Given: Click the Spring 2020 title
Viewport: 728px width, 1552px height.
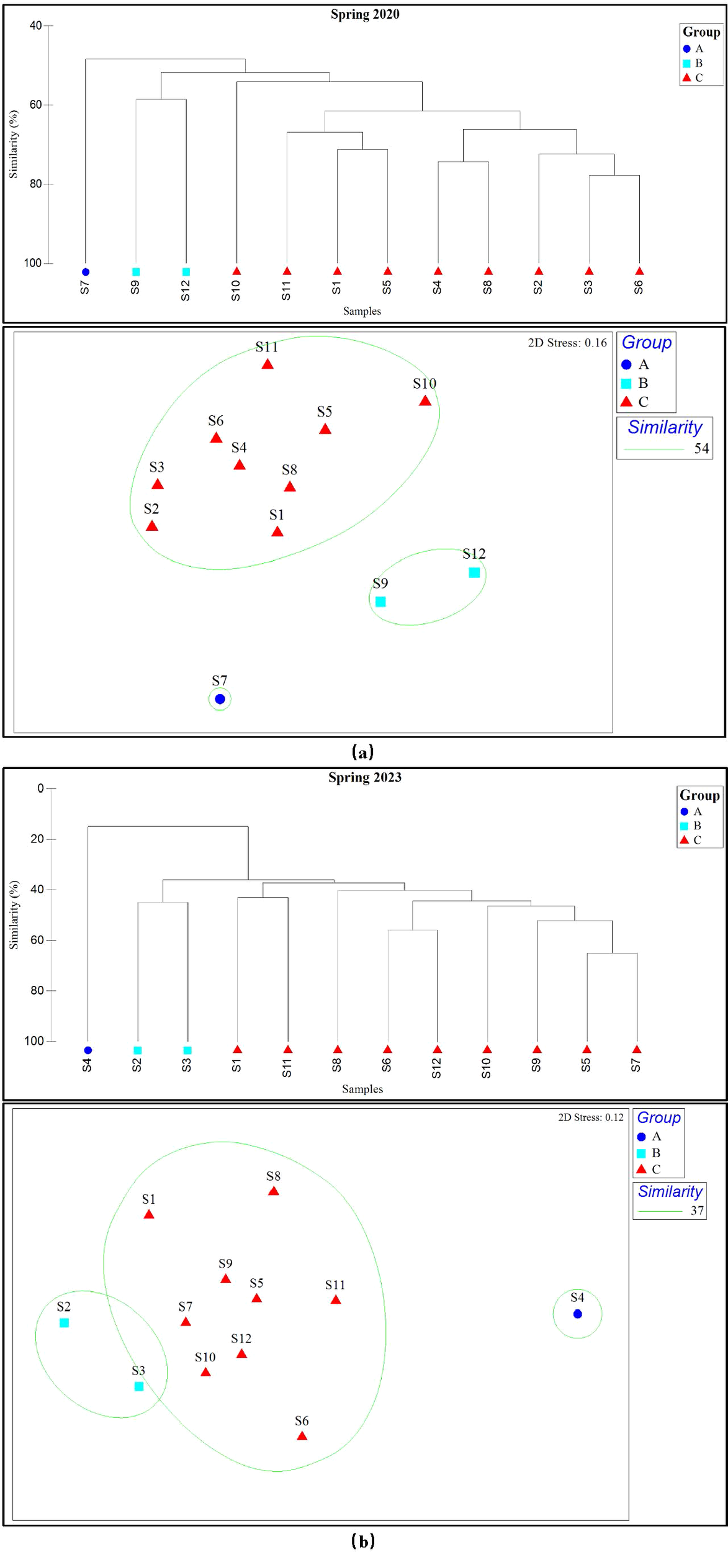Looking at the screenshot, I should coord(364,14).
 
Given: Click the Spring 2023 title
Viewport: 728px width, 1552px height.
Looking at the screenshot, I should coord(364,777).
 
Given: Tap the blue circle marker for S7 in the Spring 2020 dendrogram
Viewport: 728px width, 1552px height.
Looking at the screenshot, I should coord(86,272).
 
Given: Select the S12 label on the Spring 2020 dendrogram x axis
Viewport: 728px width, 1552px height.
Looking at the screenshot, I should coord(185,291).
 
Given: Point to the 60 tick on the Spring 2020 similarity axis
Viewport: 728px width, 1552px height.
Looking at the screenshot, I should coord(36,105).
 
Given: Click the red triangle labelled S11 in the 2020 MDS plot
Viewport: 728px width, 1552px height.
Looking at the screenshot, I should coord(267,364).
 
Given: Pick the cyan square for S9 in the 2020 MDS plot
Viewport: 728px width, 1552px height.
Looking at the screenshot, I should coord(380,602).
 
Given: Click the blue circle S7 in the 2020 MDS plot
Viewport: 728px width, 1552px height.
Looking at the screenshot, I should coord(220,699).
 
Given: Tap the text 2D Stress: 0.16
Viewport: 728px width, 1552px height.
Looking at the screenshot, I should coord(567,343).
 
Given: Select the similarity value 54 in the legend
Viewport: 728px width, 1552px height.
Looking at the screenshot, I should coord(701,448).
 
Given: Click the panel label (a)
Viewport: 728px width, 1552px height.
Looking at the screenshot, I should coord(362,752).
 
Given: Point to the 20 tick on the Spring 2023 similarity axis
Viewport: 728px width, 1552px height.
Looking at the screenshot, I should coord(37,839).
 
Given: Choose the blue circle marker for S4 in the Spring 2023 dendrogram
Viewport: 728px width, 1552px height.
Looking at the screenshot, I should coord(88,1050).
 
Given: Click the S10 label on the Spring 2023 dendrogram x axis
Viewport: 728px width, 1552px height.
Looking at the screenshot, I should coord(486,1067).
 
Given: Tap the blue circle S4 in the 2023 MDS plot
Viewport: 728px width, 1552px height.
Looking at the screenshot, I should coord(577,1314).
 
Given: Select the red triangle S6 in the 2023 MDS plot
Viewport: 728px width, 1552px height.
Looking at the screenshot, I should coord(302,1436).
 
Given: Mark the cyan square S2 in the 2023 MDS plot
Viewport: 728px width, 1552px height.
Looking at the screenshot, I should coord(64,1323).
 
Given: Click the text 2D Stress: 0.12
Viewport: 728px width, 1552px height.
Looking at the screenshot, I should coord(590,1117).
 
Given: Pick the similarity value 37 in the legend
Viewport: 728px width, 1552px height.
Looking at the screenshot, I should coord(697,1211).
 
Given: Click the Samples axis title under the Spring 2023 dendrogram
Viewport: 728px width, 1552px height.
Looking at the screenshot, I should coord(362,1089).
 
